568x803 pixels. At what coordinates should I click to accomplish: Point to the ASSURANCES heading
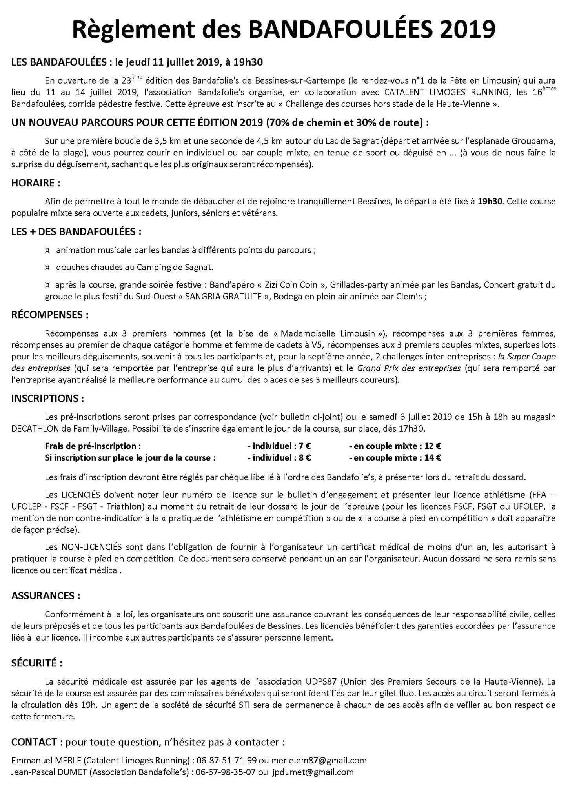(x=46, y=596)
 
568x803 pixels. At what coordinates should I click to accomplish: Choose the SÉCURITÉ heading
(x=37, y=663)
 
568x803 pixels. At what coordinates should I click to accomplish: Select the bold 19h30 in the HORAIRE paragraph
(x=490, y=202)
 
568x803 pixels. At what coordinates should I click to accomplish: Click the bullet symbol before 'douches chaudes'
(x=47, y=268)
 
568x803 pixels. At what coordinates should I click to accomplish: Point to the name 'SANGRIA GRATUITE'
(x=223, y=296)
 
